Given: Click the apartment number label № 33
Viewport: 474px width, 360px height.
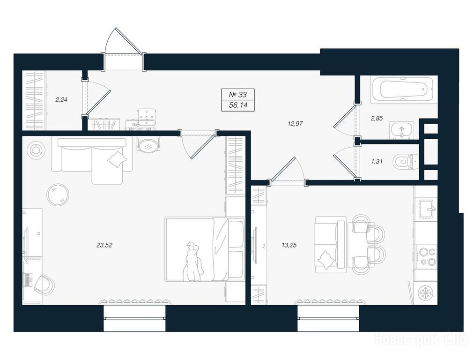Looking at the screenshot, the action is pos(238,95).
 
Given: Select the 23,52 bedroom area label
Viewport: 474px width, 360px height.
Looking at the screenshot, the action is pos(104,245).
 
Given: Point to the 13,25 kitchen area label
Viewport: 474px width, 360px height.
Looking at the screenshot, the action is pos(289,245).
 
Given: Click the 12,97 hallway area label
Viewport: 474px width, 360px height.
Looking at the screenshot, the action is pos(296,123).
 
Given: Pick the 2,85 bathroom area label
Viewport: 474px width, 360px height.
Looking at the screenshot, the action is pos(377,118).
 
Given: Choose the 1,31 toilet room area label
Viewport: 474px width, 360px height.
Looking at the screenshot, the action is pos(377,162).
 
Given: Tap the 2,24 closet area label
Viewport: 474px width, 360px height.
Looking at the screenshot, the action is pos(61,99).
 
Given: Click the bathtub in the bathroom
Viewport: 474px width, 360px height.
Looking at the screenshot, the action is pos(403,89).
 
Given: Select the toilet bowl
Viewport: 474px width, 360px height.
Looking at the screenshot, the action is pos(405,161).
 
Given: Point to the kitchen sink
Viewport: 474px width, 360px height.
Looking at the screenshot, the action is pos(427,209).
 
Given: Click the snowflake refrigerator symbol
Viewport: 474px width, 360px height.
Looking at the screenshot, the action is pos(426,293).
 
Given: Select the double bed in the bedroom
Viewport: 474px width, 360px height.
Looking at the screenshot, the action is pos(205,249).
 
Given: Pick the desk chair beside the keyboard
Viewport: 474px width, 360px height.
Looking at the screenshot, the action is pos(44,285).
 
